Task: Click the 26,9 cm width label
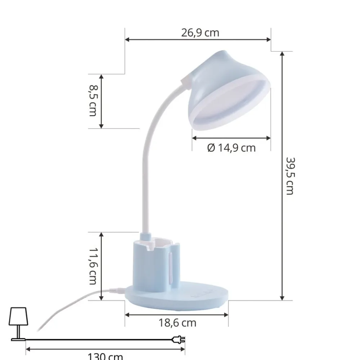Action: [200, 33]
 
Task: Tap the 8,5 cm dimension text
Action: [93, 100]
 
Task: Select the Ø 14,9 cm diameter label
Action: [231, 148]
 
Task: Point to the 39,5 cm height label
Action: [290, 176]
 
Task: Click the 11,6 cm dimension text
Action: [93, 266]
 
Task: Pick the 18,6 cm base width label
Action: [177, 323]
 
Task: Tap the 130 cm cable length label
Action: [105, 356]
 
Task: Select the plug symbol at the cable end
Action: [179, 339]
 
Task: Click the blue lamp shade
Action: [212, 72]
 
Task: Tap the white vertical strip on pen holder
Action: [170, 266]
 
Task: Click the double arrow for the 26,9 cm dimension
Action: [198, 40]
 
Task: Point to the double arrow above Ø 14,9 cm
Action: [231, 138]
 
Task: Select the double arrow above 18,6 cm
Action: [176, 315]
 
